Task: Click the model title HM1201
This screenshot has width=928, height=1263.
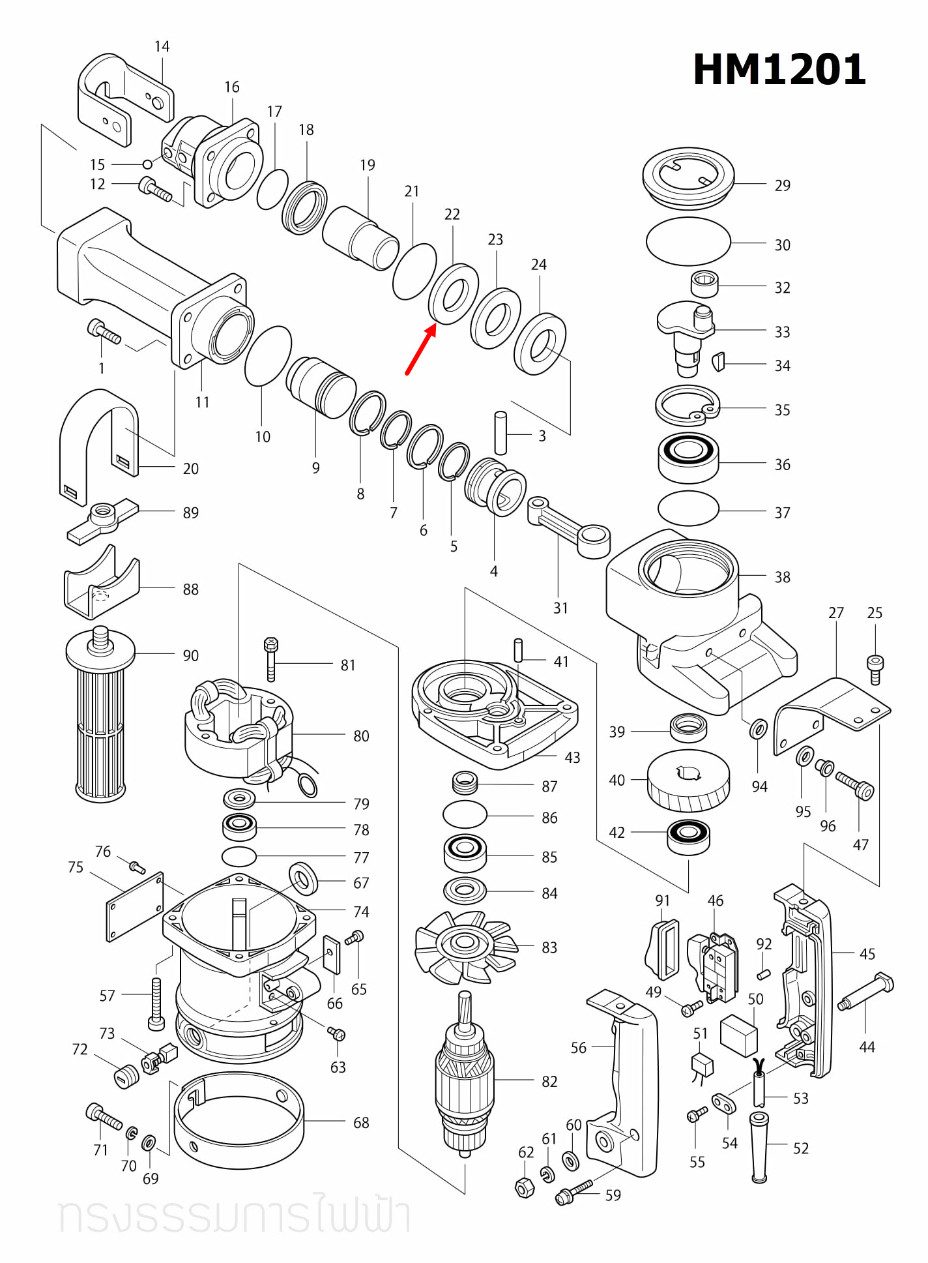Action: coord(779,69)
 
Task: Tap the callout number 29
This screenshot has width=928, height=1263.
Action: coord(782,186)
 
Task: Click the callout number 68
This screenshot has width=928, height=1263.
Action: coord(361,1123)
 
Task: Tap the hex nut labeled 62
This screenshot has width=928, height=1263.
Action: coord(525,1187)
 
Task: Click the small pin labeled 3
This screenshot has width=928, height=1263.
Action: coord(500,432)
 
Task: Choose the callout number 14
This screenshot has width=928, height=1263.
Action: coord(162,47)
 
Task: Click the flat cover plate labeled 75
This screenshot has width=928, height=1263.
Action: coord(135,907)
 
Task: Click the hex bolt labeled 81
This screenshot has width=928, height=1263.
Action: coord(271,659)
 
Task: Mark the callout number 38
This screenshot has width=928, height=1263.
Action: coord(782,578)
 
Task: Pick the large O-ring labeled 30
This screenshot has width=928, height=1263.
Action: coord(688,241)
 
